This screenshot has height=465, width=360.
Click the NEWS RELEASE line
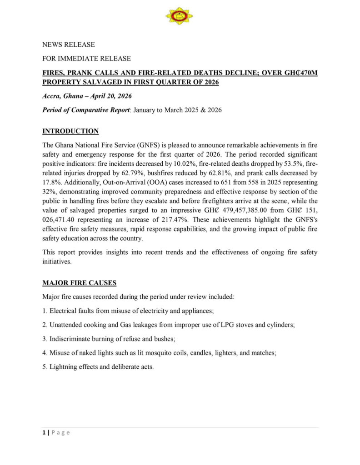click(x=69, y=45)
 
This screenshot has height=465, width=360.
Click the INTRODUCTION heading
click(x=70, y=131)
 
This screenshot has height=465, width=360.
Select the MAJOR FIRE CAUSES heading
click(x=79, y=283)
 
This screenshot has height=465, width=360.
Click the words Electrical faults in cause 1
click(x=71, y=311)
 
